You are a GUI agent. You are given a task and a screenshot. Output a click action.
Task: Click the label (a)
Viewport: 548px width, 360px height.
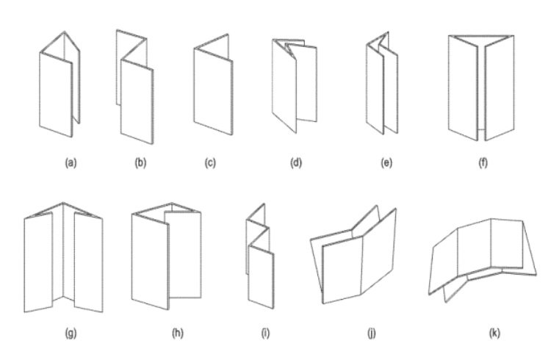point(71,163)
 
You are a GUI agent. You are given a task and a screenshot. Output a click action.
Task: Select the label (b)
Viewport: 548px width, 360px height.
point(140,163)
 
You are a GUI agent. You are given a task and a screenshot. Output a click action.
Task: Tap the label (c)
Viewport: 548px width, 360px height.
point(210,163)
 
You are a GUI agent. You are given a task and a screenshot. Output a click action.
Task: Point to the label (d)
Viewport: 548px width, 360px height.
point(296,163)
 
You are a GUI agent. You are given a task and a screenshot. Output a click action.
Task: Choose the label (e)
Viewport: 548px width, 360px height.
point(386,163)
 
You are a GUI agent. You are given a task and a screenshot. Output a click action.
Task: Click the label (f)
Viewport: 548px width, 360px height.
point(483,163)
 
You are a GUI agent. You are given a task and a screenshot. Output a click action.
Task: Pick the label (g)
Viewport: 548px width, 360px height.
point(71,333)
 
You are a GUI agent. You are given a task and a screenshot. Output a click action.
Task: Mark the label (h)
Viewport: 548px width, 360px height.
point(178,333)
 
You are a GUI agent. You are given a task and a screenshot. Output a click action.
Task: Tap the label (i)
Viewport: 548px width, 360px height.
point(266,333)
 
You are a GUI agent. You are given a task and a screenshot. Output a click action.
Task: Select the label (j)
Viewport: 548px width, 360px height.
point(372,333)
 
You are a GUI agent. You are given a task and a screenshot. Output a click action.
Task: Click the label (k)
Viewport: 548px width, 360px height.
point(494,333)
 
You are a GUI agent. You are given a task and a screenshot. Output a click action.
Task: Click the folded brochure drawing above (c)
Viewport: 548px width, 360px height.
point(214,84)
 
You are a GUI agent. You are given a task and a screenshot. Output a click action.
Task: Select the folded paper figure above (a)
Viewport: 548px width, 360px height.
point(60,84)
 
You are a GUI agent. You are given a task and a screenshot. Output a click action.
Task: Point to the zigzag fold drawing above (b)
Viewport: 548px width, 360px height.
point(135,87)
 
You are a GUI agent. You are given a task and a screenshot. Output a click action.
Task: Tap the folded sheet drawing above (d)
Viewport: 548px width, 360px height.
point(295,86)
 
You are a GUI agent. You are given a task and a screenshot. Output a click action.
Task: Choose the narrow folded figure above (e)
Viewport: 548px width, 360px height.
point(382,83)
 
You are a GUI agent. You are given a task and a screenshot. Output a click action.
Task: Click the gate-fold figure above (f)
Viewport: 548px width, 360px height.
point(481,87)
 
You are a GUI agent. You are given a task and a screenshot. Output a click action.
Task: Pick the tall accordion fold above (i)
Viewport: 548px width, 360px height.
point(260,256)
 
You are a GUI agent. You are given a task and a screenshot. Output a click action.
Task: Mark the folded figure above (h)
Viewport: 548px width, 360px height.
point(166,256)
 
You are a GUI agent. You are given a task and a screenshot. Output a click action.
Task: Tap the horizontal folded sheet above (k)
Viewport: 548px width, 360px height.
point(483,261)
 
